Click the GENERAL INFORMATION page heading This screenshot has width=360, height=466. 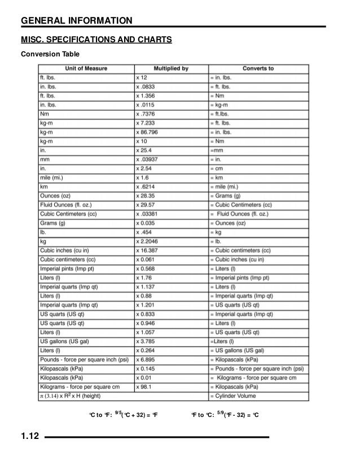click(x=76, y=21)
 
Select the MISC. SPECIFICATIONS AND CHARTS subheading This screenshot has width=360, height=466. click(x=96, y=41)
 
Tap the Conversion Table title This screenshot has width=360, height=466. click(x=50, y=54)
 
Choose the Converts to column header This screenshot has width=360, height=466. click(x=258, y=69)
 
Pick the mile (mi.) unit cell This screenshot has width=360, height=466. click(x=54, y=178)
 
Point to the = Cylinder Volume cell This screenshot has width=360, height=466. click(x=235, y=396)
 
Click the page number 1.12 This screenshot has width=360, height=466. click(x=29, y=437)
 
